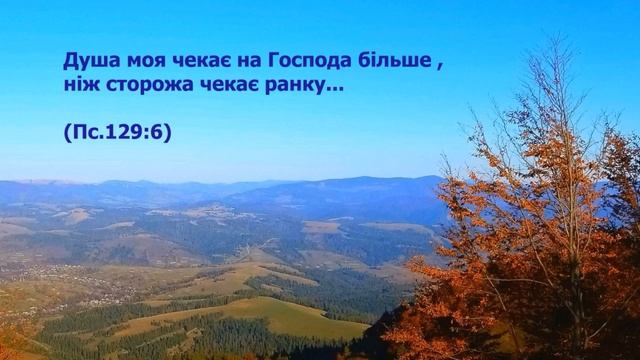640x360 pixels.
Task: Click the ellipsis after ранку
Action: tap(333, 93)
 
